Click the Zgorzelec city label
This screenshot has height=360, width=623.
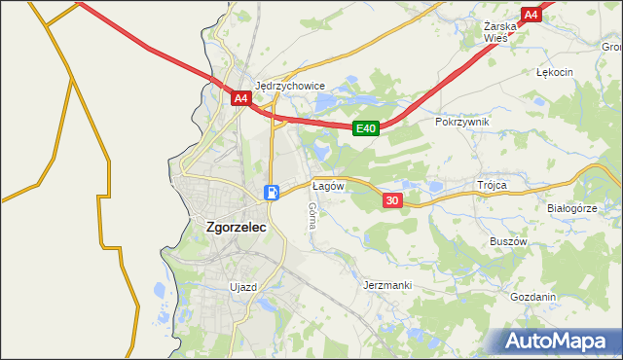tap(237, 228)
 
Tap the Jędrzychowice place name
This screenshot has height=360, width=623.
tap(289, 85)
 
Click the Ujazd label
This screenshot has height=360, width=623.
tap(241, 287)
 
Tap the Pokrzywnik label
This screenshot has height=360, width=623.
tap(463, 122)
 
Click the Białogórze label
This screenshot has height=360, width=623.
tap(571, 208)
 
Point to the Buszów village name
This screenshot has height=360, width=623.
tap(507, 241)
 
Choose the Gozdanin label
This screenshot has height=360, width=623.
tap(532, 298)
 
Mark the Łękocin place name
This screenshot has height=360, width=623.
tap(555, 72)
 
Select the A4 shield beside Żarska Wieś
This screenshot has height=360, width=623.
tap(531, 15)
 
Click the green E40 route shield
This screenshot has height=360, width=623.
tap(365, 127)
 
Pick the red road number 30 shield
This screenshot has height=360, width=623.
tap(392, 199)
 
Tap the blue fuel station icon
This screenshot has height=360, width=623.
tap(274, 192)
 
